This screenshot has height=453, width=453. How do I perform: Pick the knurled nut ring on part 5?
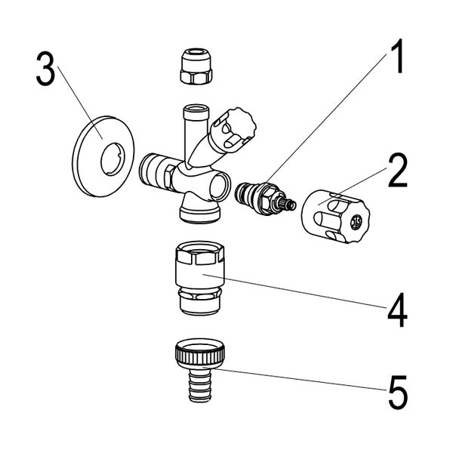pyautogui.click(x=198, y=352)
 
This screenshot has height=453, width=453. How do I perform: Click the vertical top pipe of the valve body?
pyautogui.click(x=193, y=125)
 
